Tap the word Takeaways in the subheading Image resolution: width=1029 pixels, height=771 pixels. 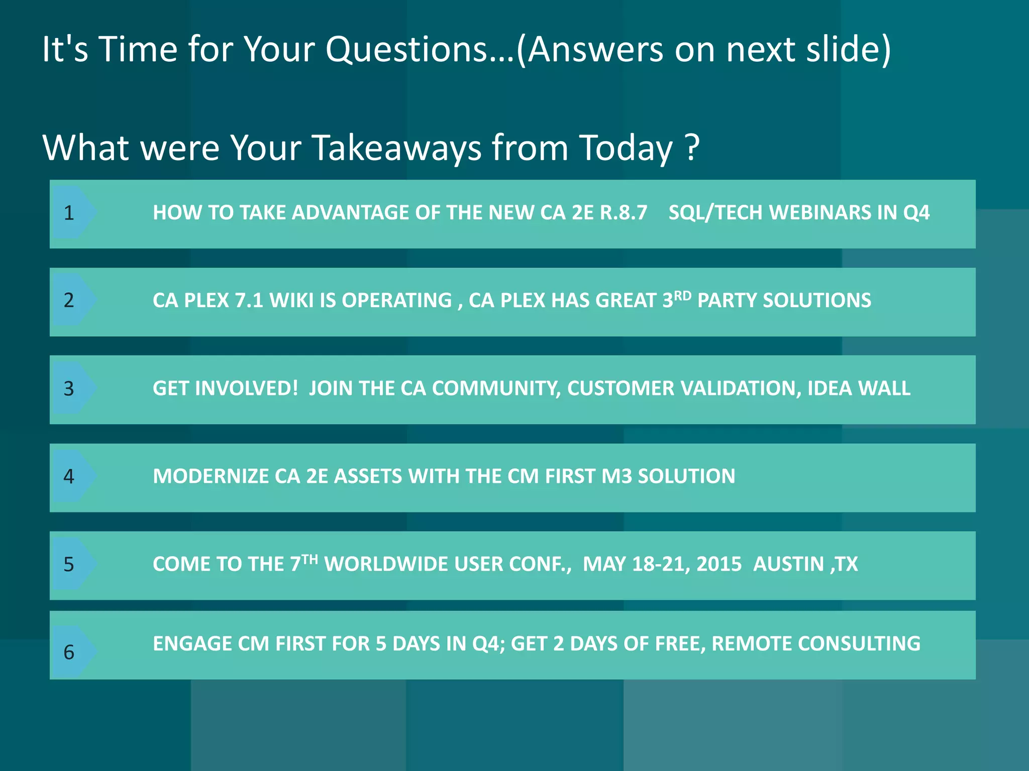(396, 148)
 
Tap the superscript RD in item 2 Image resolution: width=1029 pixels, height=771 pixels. (682, 296)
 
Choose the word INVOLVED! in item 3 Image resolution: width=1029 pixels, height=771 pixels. (246, 389)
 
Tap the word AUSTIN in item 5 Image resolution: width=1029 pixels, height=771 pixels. (788, 564)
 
